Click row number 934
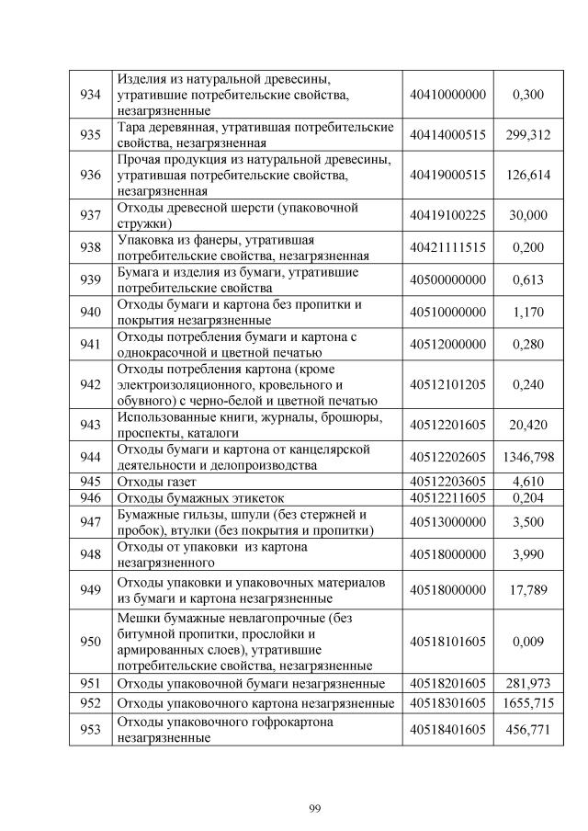90,95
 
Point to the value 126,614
527,175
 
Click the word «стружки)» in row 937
141,222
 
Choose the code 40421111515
447,247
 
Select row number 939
90,279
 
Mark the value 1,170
528,312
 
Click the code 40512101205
447,384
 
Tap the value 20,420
528,425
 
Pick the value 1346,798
527,457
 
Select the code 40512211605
447,497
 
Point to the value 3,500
528,521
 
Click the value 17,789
528,590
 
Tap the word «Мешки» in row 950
137,619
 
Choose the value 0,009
528,642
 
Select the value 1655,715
527,702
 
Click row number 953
90,729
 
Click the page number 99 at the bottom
314,807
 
